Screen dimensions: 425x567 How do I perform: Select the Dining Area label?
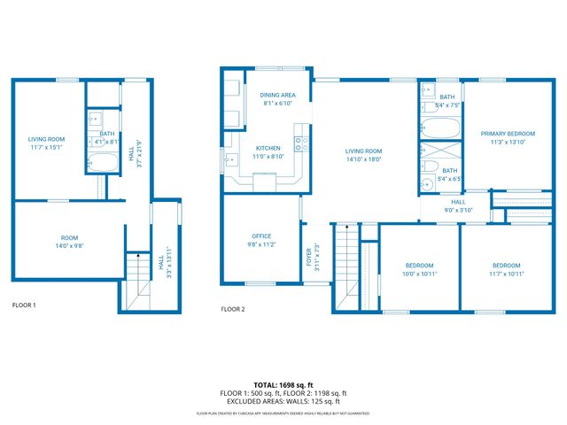277,95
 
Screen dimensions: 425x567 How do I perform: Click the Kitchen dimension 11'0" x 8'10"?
268,157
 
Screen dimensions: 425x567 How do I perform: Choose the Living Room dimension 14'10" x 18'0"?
363,159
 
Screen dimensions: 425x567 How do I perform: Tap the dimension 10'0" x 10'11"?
419,274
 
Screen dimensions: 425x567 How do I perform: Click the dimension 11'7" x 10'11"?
507,274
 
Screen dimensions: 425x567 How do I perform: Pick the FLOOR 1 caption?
24,305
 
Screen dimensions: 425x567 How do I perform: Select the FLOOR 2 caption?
233,309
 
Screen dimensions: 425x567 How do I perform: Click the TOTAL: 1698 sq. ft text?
283,385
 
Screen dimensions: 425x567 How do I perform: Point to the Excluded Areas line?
283,401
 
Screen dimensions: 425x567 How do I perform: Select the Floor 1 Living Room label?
46,139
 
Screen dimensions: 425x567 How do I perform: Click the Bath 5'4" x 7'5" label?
447,97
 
